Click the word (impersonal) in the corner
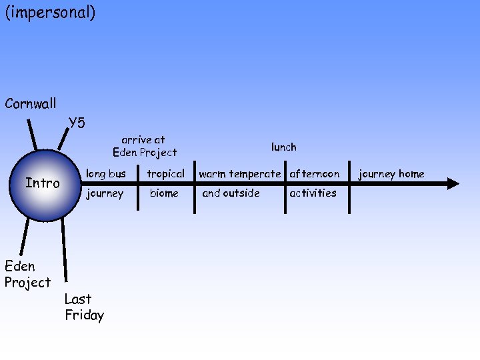tap(50, 13)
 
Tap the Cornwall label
tap(30, 104)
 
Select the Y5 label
tap(77, 123)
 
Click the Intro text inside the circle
tap(43, 183)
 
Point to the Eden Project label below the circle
tap(27, 274)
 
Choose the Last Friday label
tap(85, 307)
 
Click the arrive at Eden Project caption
tap(145, 146)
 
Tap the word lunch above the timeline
tap(283, 147)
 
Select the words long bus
tap(106, 174)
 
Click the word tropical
tap(165, 174)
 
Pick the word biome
tap(164, 193)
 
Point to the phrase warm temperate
tap(240, 174)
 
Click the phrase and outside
tap(231, 193)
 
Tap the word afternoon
tap(314, 174)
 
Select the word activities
tap(313, 193)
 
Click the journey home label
tap(391, 174)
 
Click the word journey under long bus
tap(105, 193)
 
